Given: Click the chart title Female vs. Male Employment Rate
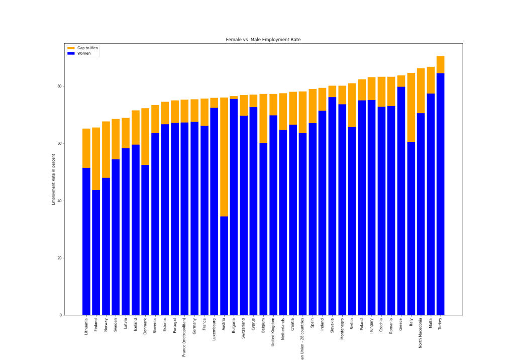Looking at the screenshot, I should (263, 39).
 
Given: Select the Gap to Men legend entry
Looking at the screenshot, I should (87, 48).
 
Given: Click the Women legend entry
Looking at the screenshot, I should (84, 53).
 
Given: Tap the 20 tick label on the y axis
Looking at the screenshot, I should (59, 258).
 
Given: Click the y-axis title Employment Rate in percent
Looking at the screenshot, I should (54, 179).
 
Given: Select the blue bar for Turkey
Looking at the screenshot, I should (440, 194).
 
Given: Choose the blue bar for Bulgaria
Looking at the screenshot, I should (234, 207).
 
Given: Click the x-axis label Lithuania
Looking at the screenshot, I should (86, 328).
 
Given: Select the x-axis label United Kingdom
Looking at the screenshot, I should (273, 332).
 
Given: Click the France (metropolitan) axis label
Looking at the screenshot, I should (184, 337).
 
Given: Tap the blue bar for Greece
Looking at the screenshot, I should (401, 201).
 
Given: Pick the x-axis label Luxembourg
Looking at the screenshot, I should (214, 330).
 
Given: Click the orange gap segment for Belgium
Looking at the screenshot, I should (263, 118).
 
